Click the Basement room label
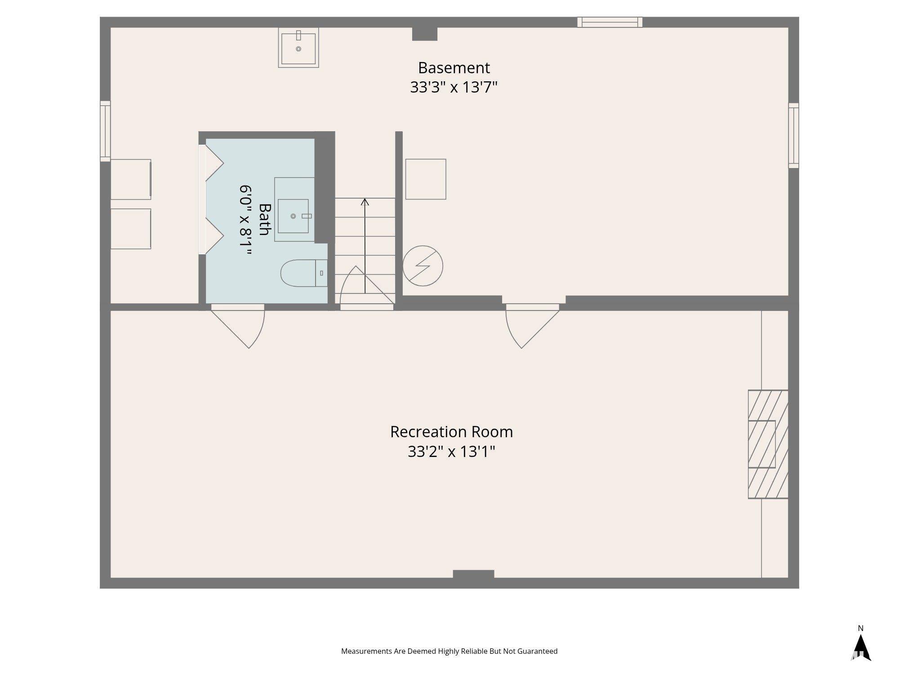[454, 68]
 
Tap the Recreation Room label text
[451, 432]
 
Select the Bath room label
[265, 220]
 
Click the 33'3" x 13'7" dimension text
[454, 87]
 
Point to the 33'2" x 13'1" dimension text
[451, 451]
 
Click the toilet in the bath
[304, 273]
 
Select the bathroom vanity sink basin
[293, 216]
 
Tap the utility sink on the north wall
[298, 48]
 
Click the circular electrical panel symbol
[423, 266]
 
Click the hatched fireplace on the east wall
[768, 444]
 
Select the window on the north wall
[610, 22]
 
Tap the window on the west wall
[105, 131]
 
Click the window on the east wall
[794, 136]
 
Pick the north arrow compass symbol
[861, 647]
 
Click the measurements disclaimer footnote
[449, 651]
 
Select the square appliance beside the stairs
[426, 179]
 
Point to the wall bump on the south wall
[473, 574]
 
